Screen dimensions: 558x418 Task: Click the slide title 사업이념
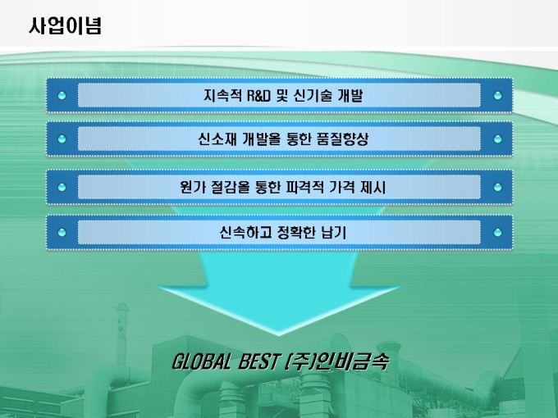coord(65,26)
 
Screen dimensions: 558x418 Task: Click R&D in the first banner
coord(258,96)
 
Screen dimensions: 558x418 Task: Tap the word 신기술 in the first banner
coord(313,96)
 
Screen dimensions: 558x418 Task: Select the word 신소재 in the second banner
coord(217,139)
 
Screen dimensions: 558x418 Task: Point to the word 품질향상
coord(342,139)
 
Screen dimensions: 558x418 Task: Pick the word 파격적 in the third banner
coord(305,187)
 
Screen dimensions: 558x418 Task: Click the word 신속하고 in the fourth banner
coord(245,233)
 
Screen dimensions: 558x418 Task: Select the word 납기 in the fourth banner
coord(334,233)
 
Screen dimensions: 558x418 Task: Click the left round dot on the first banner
coord(62,96)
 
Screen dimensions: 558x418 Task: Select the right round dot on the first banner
coord(497,96)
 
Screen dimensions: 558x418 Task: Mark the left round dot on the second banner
coord(62,139)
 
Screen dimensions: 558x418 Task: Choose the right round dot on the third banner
coord(497,187)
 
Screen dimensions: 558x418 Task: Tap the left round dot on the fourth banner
coord(62,233)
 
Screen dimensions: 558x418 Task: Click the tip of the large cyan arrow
coord(279,335)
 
